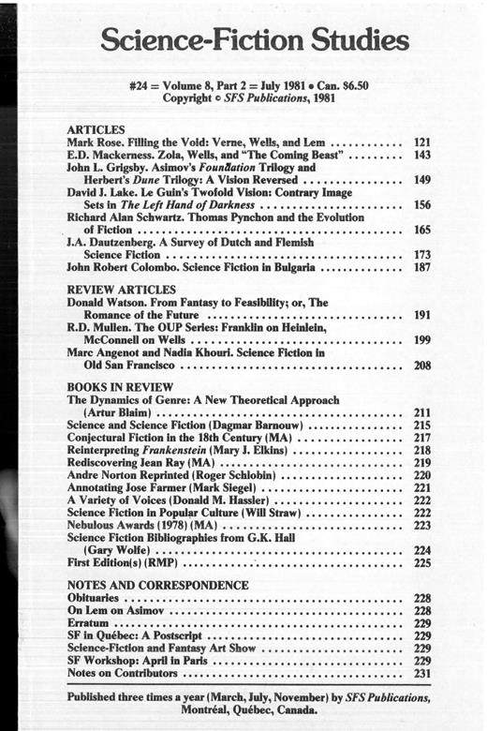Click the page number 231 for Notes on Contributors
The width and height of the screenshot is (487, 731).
coord(421,673)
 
